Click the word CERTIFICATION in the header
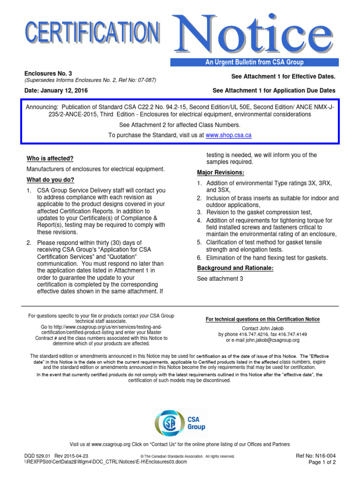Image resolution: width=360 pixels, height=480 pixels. point(93,34)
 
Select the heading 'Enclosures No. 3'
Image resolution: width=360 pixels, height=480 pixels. point(49,74)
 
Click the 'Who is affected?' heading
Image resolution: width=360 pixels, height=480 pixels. point(50,158)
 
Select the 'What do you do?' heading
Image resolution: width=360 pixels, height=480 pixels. point(50,180)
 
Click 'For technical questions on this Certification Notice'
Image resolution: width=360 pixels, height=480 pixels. point(263,319)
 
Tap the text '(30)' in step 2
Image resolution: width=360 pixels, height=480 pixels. point(119,242)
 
